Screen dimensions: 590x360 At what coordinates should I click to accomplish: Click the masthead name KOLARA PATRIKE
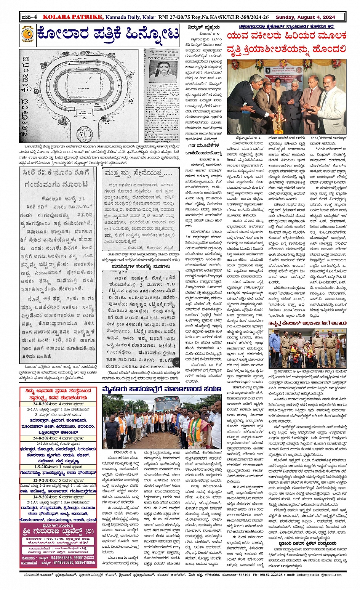point(72,17)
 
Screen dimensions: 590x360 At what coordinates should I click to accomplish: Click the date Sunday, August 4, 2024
point(305,17)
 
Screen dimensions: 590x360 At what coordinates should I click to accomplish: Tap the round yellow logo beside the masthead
point(27,35)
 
